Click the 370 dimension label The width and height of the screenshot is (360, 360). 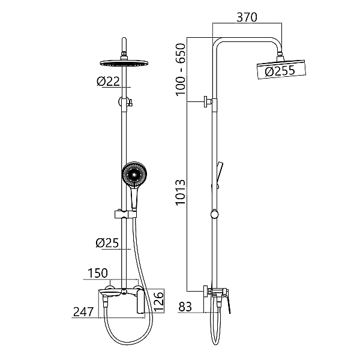point(247,17)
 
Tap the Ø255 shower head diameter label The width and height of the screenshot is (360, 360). point(280,71)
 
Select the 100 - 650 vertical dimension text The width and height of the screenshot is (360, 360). point(181,70)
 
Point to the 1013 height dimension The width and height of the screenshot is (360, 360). point(181,192)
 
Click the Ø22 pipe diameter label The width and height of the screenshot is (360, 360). point(109,81)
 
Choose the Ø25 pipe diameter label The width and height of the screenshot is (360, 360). point(107,242)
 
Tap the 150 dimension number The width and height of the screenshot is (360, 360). point(98,273)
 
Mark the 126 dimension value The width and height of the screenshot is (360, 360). point(159,301)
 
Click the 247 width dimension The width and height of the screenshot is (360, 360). point(83,311)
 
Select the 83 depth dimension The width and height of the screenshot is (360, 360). point(185,307)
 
